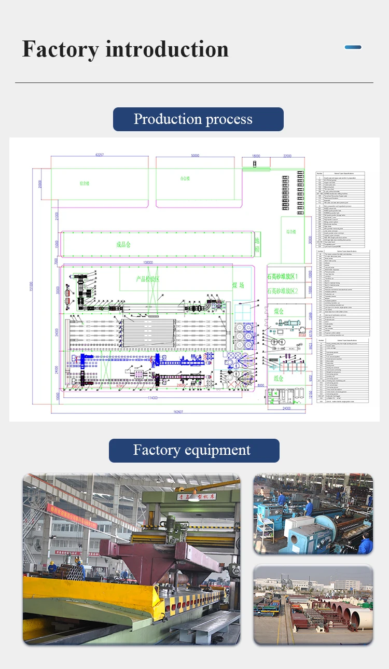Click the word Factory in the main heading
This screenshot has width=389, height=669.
60,50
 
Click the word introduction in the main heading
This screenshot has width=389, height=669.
167,50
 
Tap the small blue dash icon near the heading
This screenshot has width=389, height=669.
353,47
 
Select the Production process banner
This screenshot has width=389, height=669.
198,119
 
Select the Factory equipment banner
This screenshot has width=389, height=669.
193,450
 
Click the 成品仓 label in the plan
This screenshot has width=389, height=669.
123,244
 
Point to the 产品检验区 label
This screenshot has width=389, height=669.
148,279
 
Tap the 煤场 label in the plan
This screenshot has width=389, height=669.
238,285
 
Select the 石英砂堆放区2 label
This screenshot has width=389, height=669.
286,291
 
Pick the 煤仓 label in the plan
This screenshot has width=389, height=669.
278,311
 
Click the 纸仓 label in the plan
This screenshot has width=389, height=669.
278,379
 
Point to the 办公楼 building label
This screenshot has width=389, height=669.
185,178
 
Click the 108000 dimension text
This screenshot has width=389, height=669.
148,263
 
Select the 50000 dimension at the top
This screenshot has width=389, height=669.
195,156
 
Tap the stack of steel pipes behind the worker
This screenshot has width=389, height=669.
73,572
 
